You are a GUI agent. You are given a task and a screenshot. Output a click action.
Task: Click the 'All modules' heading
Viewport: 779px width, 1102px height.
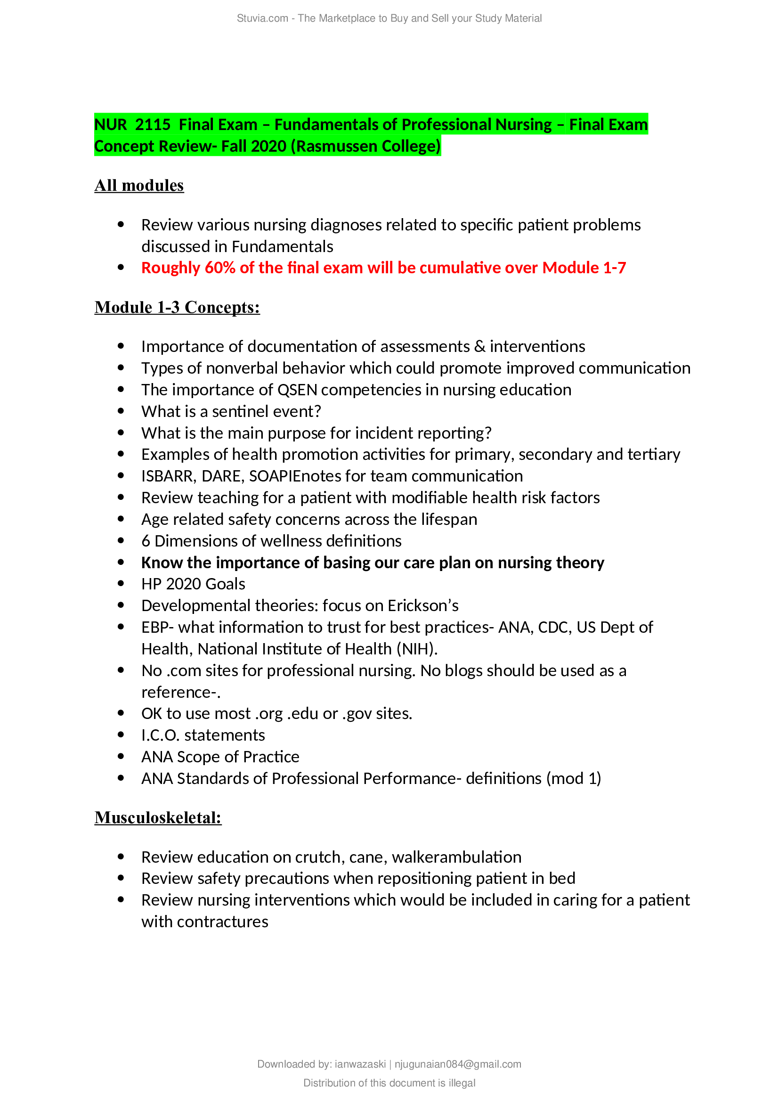point(139,185)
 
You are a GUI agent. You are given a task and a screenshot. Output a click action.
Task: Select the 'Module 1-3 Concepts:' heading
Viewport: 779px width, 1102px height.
point(177,307)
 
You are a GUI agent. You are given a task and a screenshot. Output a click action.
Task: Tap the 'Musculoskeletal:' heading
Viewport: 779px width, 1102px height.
point(158,817)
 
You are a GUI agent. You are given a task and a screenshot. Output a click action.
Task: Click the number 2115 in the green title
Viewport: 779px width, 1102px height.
point(153,124)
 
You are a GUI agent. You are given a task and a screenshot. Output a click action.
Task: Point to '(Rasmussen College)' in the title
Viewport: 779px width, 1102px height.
point(365,146)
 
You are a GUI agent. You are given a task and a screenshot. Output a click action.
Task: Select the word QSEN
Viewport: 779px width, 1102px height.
point(297,390)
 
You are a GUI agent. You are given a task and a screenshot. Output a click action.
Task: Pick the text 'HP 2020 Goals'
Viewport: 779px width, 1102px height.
point(193,584)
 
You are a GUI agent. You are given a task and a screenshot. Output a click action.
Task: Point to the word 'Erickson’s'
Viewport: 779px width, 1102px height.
point(423,606)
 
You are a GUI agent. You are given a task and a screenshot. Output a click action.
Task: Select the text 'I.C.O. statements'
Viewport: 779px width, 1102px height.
point(203,735)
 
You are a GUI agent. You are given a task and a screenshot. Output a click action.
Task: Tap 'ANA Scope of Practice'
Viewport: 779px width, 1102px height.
point(220,757)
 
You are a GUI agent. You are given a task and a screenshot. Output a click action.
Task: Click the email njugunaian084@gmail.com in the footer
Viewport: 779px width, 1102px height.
point(458,1064)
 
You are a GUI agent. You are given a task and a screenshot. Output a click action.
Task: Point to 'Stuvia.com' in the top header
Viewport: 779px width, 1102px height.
point(262,18)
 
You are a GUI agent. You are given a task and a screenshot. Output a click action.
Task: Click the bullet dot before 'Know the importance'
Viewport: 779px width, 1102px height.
point(121,562)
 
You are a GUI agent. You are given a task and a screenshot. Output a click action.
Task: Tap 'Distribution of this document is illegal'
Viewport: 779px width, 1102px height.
point(389,1083)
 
